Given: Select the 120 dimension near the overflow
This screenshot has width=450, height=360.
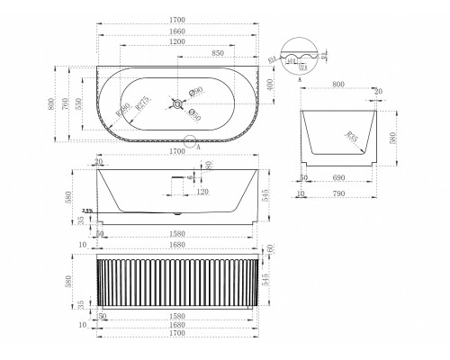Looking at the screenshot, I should click(202, 192).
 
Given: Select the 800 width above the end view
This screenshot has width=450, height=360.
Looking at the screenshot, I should click(338, 84).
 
